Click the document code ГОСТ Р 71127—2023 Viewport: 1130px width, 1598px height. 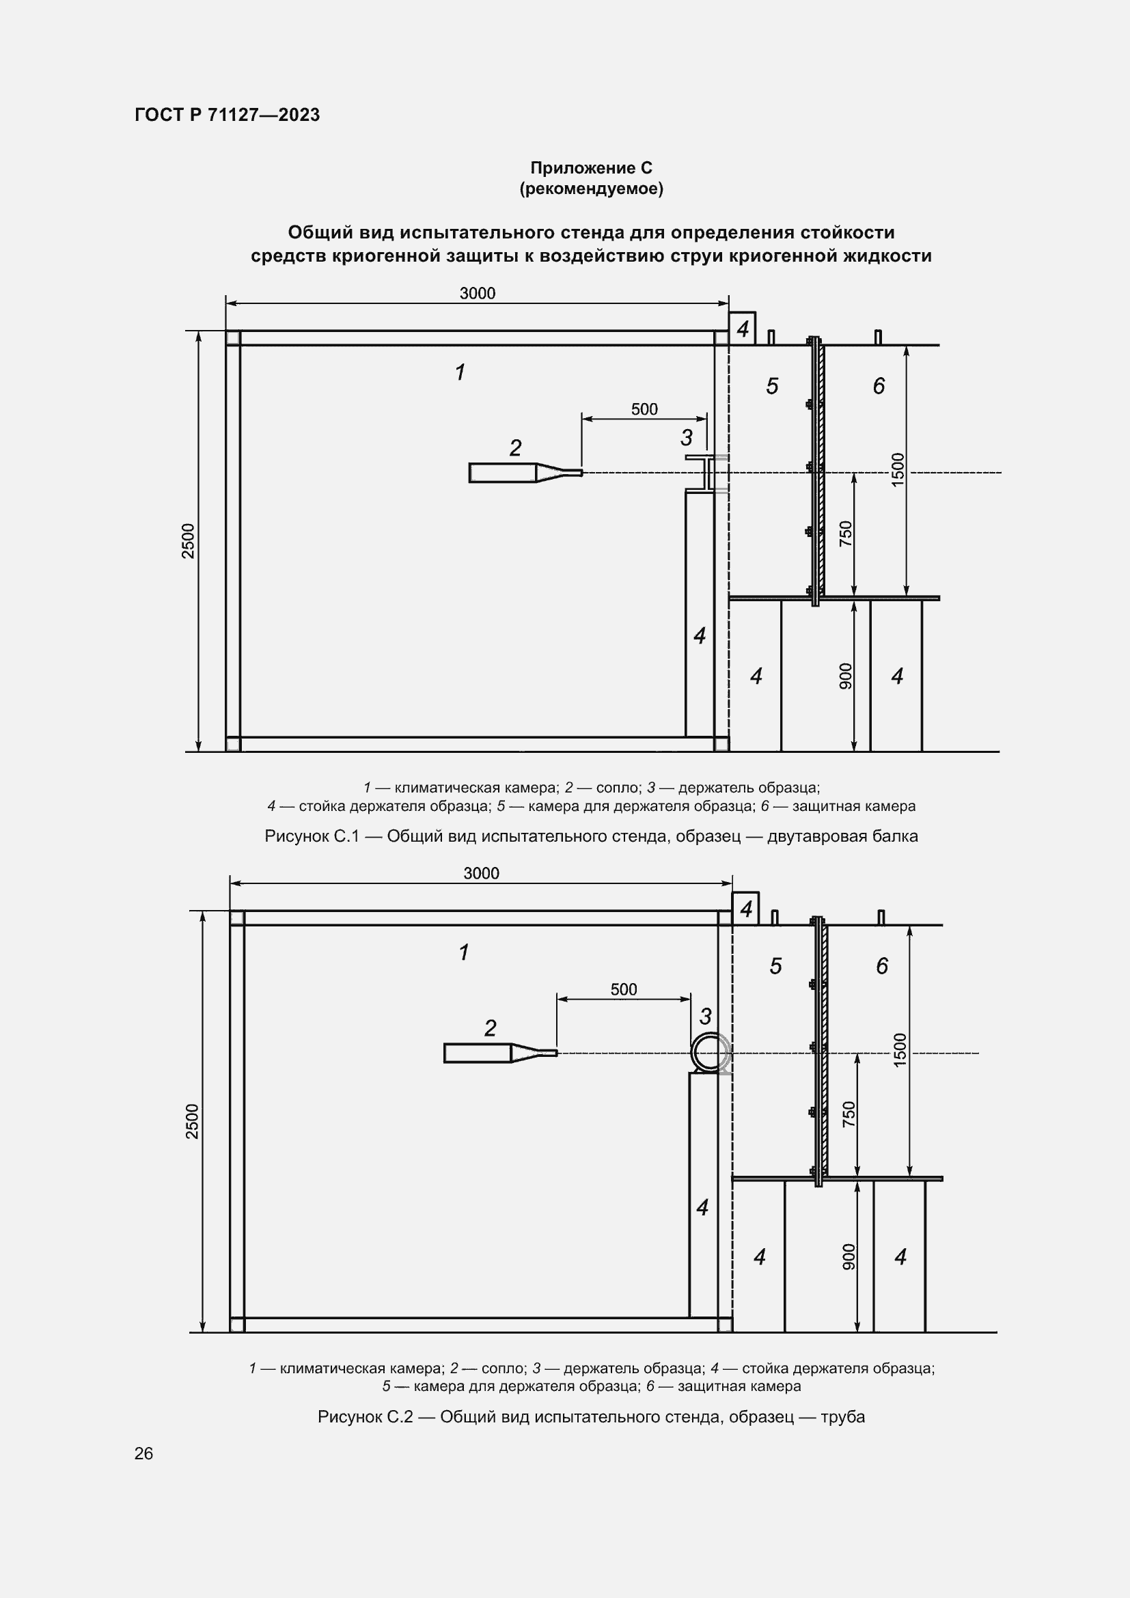[x=227, y=115]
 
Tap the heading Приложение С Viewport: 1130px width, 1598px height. [x=591, y=168]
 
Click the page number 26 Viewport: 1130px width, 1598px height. [x=143, y=1453]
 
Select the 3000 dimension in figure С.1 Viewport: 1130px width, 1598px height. [x=478, y=294]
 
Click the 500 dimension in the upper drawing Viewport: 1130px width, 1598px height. [x=644, y=409]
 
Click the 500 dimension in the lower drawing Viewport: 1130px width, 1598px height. [x=624, y=989]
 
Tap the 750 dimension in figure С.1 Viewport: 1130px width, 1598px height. [x=845, y=534]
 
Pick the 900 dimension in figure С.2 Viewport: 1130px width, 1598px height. [x=849, y=1256]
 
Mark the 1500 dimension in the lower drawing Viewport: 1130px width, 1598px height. [x=900, y=1049]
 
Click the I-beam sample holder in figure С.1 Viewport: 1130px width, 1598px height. [x=707, y=474]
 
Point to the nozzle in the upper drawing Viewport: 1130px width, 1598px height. [x=525, y=473]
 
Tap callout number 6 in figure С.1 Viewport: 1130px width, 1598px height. [x=879, y=385]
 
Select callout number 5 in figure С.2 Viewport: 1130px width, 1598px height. [x=776, y=965]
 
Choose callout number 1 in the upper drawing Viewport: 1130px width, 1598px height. [x=460, y=372]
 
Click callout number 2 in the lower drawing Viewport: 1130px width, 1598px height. [x=491, y=1028]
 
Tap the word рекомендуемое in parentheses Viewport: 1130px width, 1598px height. [x=591, y=189]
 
